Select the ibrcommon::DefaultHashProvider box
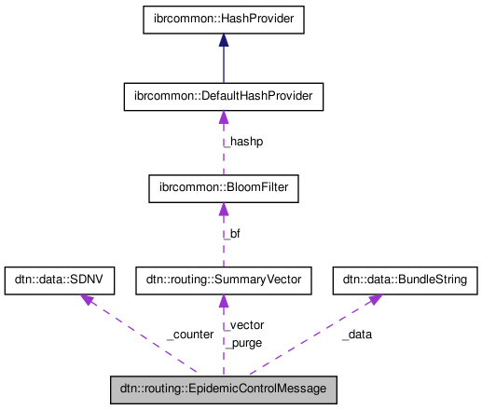(223, 95)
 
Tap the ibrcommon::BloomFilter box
(223, 189)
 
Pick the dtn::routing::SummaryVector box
(223, 279)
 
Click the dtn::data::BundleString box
(405, 279)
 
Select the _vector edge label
(244, 325)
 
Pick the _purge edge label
(243, 342)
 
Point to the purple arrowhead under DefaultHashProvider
(223, 116)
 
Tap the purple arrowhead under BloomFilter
(223, 211)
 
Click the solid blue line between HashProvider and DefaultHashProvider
(223, 65)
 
